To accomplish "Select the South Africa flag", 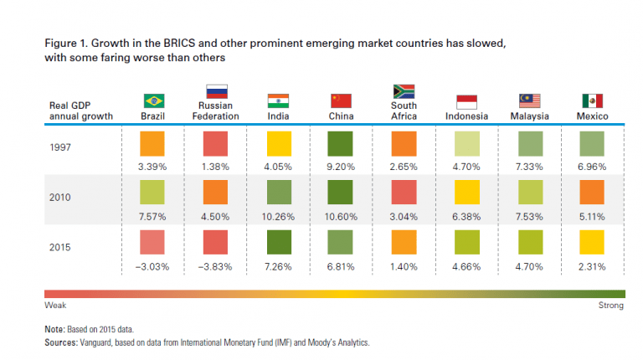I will (404, 92).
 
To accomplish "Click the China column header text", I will (341, 116).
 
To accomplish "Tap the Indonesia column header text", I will (466, 116).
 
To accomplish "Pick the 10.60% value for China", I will (341, 218).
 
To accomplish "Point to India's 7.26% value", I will (279, 267).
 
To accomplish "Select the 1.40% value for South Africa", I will (404, 267).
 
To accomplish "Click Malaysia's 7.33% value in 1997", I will (529, 167).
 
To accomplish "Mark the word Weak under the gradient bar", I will (55, 306).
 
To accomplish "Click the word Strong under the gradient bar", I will (610, 306).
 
